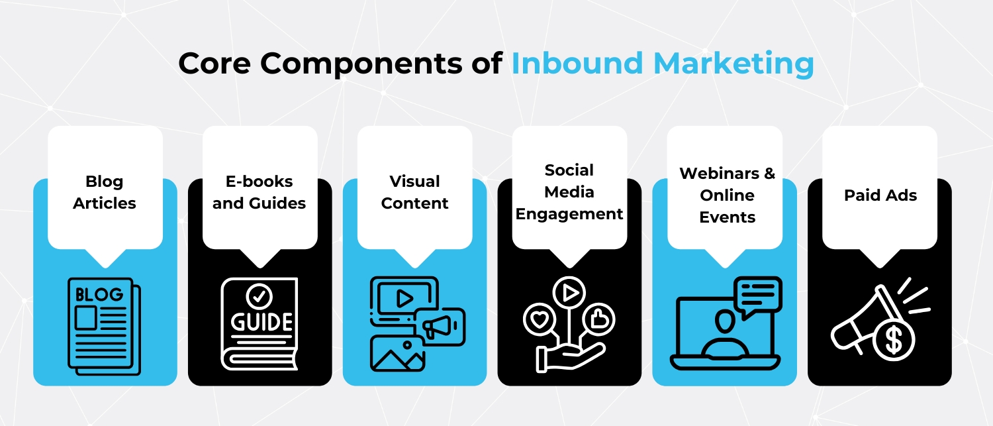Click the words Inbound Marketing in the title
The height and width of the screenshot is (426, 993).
click(x=662, y=64)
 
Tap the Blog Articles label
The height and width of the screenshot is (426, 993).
click(x=105, y=192)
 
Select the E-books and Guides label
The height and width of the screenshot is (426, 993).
click(x=259, y=192)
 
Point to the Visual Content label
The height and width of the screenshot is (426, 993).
click(x=414, y=192)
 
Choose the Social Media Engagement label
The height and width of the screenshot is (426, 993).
click(x=569, y=192)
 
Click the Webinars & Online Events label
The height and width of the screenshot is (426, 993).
click(x=727, y=195)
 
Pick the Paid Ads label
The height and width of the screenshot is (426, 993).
click(x=880, y=195)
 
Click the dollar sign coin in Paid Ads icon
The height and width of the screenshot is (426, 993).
click(x=894, y=341)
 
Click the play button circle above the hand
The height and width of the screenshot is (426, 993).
click(x=569, y=291)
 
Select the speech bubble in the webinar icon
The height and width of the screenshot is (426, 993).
click(x=757, y=294)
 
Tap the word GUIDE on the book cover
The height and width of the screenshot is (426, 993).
click(x=261, y=322)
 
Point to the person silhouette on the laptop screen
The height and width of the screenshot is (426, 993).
click(x=724, y=331)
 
